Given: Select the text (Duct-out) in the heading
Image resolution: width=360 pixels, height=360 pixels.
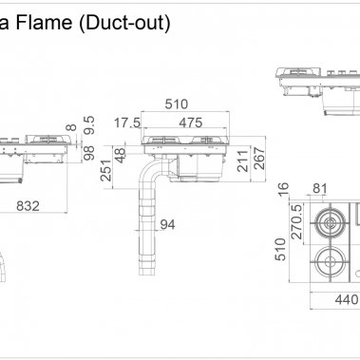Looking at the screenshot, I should (x=126, y=24).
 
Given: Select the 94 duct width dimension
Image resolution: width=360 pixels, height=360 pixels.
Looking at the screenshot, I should (x=167, y=225).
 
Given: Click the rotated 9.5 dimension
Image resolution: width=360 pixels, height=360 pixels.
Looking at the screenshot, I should (x=88, y=125).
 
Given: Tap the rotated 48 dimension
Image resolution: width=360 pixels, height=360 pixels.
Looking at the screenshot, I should (x=121, y=155).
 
